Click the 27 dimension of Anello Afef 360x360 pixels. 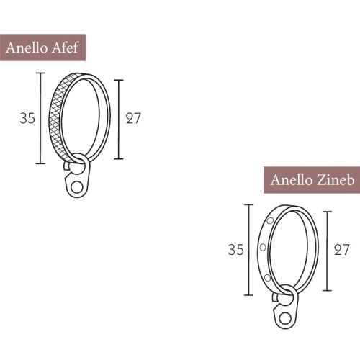point(133,118)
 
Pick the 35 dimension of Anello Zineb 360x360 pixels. point(235,250)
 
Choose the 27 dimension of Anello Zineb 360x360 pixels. point(341,250)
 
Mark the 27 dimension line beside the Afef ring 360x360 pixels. point(120,119)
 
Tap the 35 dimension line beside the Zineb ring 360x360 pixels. point(249,250)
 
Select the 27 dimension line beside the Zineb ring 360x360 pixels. point(328,250)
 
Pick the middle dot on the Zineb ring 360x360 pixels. point(262,247)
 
